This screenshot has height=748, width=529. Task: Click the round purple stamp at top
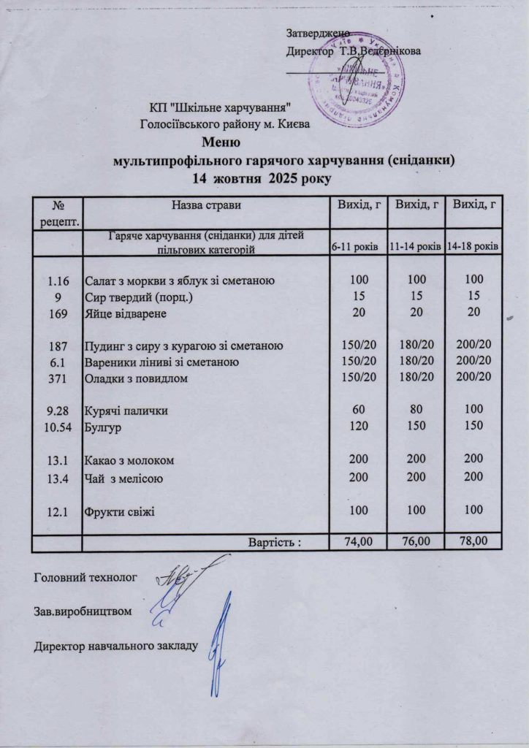tap(356, 82)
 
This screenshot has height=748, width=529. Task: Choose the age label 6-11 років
tap(354, 247)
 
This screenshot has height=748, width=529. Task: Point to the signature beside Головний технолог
tap(182, 577)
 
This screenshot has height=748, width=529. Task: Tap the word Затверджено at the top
tap(317, 34)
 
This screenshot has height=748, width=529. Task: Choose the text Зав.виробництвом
tap(83, 611)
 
